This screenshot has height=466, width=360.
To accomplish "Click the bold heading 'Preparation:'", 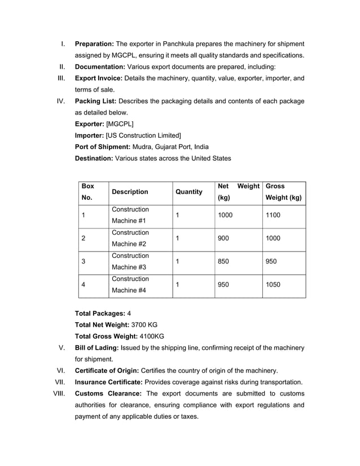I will tap(95, 43).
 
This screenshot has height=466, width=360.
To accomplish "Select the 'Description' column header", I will tap(130, 192).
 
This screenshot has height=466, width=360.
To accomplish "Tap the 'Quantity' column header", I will tap(189, 192).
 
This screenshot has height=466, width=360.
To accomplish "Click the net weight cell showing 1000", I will tap(225, 215).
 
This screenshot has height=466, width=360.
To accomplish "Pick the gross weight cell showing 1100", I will tap(273, 215).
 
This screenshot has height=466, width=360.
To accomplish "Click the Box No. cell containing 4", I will tap(84, 284).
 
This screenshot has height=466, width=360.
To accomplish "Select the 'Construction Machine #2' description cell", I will tap(130, 238).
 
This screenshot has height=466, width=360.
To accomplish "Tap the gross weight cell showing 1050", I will tap(273, 284).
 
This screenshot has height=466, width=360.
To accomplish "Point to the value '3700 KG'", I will tap(144, 324).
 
